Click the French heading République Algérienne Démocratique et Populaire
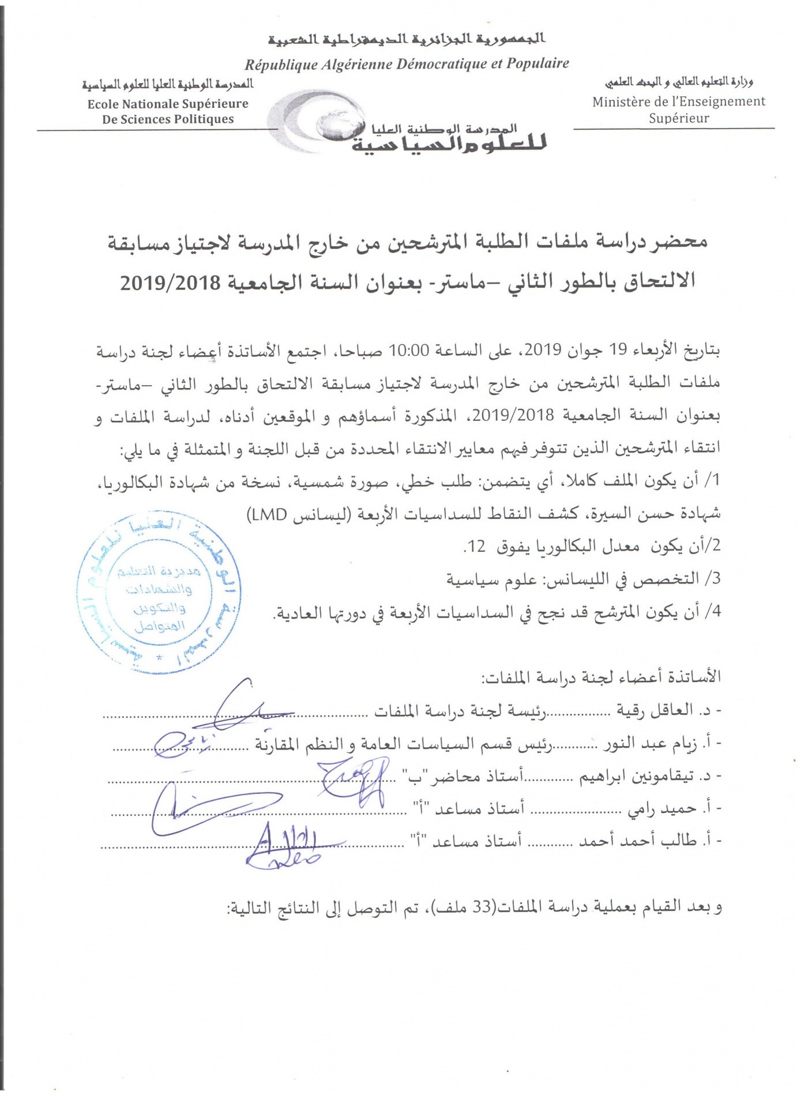tap(407, 64)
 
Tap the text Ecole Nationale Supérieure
tap(168, 104)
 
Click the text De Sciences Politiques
tap(168, 119)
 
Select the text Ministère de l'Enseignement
tap(679, 101)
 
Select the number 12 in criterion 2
tap(477, 546)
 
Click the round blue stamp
tap(159, 594)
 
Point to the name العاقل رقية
tap(655, 710)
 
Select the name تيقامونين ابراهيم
tap(629, 777)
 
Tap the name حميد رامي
tap(654, 809)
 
